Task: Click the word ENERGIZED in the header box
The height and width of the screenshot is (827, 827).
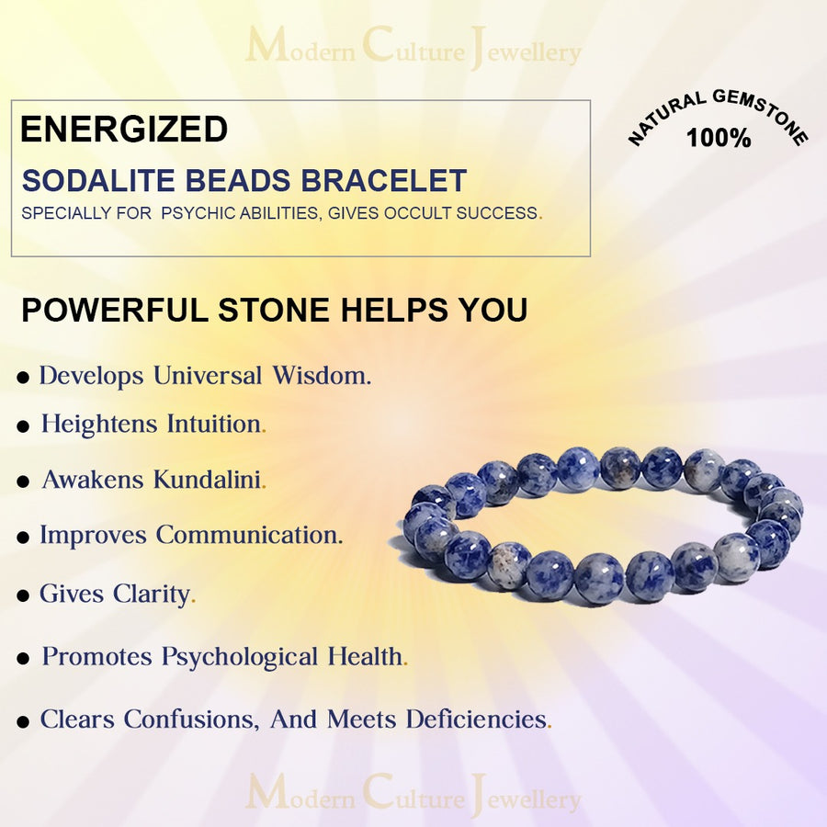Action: pyautogui.click(x=124, y=130)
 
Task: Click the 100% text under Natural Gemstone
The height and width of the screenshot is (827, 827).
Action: pyautogui.click(x=719, y=139)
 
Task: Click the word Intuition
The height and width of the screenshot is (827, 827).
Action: pyautogui.click(x=215, y=425)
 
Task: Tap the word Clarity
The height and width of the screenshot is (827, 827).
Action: pyautogui.click(x=153, y=595)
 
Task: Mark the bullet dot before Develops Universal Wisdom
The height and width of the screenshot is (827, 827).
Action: pyautogui.click(x=23, y=379)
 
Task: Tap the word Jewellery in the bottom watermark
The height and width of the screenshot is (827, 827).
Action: pyautogui.click(x=526, y=798)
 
